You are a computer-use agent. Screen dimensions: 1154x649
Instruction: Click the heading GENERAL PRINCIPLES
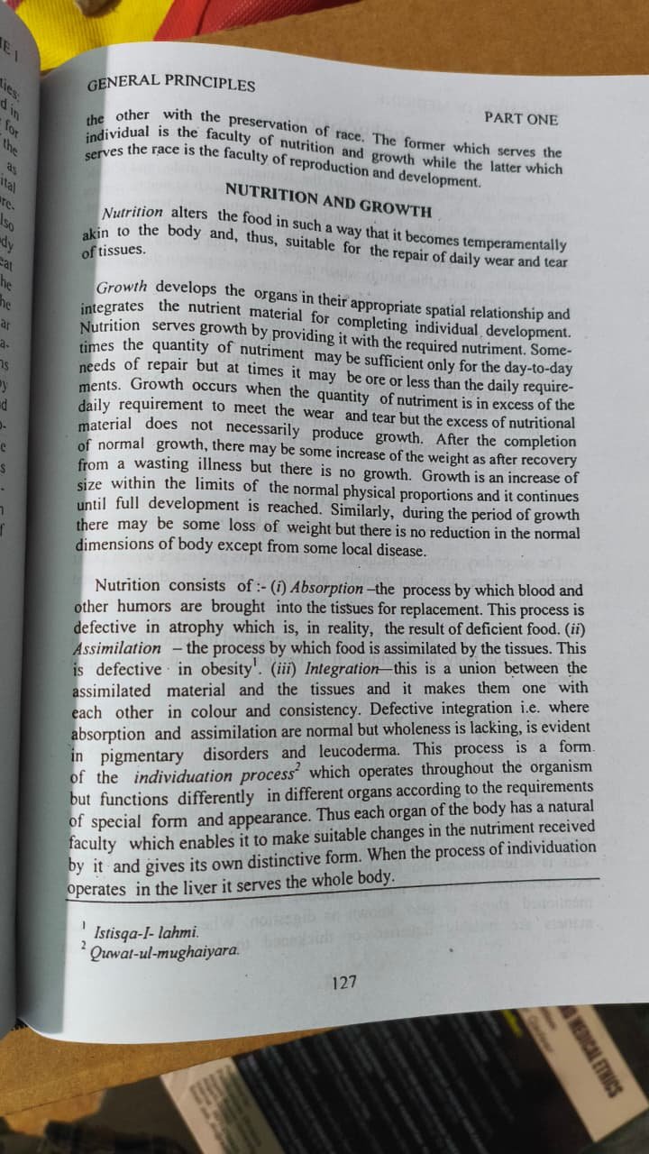pyautogui.click(x=170, y=83)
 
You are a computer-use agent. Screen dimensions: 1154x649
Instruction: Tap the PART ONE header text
pyautogui.click(x=520, y=118)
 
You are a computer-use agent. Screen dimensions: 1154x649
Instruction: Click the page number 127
pyautogui.click(x=343, y=982)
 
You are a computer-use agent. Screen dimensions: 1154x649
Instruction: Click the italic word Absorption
pyautogui.click(x=340, y=587)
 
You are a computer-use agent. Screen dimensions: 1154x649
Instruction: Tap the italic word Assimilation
pyautogui.click(x=116, y=647)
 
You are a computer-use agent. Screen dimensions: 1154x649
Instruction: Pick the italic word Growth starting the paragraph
pyautogui.click(x=121, y=288)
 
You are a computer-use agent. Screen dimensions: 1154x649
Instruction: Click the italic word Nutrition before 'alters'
pyautogui.click(x=133, y=213)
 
